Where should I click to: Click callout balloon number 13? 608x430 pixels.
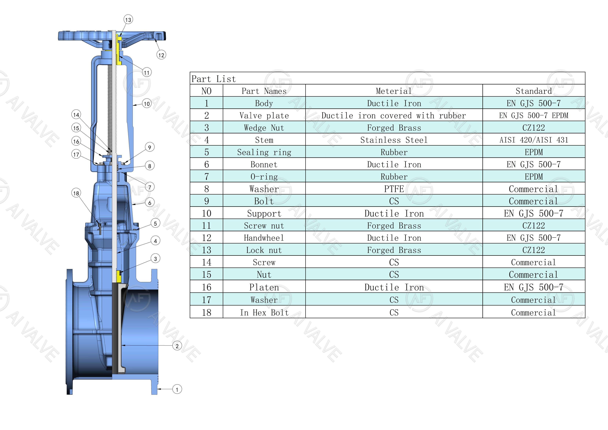pos(128,20)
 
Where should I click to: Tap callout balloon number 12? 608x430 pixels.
pos(161,55)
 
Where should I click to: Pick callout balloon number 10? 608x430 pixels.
pos(147,104)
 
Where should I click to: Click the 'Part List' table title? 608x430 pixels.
pos(213,79)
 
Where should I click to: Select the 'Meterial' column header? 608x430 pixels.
pos(394,91)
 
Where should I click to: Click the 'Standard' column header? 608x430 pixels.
pos(534,91)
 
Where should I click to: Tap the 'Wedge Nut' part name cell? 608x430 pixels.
pos(264,128)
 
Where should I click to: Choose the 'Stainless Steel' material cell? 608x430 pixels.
pos(394,140)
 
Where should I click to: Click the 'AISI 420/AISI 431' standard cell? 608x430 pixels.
pos(534,140)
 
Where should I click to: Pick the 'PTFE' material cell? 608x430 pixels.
pos(394,189)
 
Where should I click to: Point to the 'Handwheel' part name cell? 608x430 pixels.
pos(264,238)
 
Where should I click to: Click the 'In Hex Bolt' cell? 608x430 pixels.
pos(264,313)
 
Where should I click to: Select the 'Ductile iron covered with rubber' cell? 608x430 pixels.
pos(394,115)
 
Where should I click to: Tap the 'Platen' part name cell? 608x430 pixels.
pos(264,287)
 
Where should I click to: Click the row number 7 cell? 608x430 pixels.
pos(206,177)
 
